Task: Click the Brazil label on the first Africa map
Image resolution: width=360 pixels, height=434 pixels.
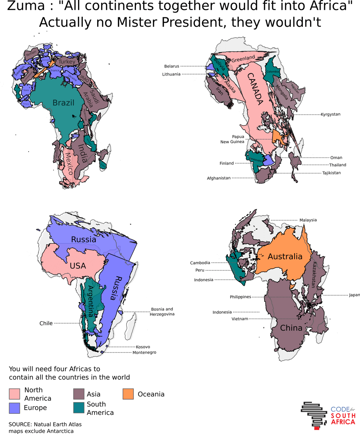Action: coord(63,103)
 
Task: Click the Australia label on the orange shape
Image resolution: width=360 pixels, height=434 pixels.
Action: coord(285,256)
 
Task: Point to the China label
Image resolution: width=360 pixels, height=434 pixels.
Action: coord(291,328)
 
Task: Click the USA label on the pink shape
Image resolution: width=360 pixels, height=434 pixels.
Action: coord(78,266)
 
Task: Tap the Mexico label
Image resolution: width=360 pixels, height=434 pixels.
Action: coord(69,163)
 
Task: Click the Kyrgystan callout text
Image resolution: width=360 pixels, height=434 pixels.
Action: coord(330,114)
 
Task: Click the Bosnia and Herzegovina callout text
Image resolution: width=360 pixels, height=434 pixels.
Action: coord(162,311)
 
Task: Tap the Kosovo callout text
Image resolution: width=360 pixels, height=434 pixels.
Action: coord(143,347)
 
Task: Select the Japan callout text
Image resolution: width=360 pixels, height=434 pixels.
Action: coord(354,295)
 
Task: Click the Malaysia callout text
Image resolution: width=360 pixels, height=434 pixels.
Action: coord(308,220)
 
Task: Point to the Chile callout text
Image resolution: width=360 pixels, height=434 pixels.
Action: coord(46,323)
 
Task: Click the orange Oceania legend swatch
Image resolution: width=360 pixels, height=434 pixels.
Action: coord(128,394)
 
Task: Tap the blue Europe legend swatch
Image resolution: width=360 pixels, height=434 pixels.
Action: coord(14,408)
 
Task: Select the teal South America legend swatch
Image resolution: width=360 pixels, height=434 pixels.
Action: coord(78,408)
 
